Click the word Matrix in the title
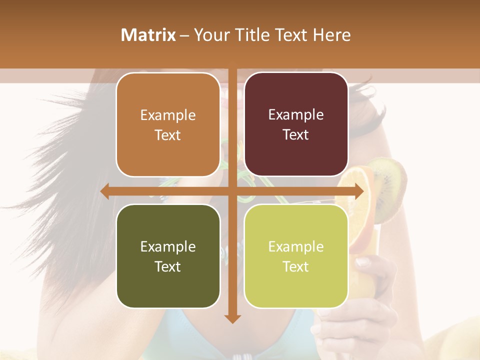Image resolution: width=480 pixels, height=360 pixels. (148, 35)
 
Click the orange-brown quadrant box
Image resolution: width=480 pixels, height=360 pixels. (168, 125)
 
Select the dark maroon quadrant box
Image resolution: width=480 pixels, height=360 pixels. (296, 125)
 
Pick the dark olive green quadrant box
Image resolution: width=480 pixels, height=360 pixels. (168, 256)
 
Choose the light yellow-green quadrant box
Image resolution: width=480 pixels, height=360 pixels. (296, 256)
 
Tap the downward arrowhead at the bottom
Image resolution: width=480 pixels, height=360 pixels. (232, 318)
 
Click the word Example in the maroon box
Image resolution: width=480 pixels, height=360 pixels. (296, 115)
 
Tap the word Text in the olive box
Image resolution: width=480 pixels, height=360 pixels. (168, 266)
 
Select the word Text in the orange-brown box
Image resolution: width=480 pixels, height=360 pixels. (168, 135)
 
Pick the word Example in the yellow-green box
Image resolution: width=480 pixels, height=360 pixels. (296, 246)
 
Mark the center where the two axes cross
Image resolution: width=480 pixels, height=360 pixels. (232, 191)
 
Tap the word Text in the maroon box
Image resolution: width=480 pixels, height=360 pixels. (296, 135)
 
